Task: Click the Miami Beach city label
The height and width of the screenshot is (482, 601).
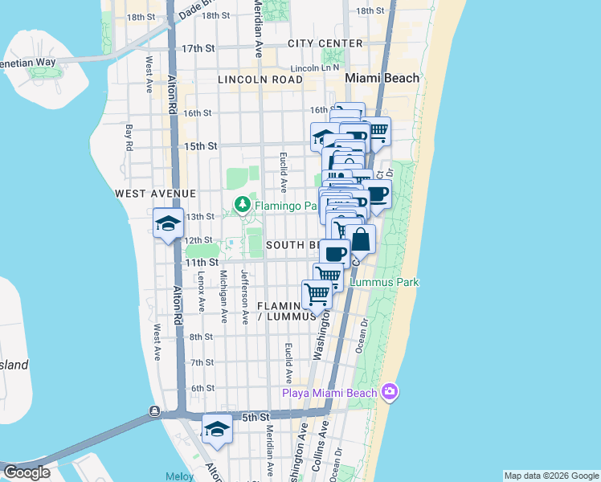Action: tap(382, 78)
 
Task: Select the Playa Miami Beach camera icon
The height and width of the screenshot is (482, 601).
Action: tap(390, 392)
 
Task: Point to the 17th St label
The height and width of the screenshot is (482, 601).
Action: tap(198, 48)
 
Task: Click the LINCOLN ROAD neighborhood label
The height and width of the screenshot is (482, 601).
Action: tap(260, 80)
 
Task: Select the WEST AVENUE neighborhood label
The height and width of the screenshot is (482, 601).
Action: tap(155, 194)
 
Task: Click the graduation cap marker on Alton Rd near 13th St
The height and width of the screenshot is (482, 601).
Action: tap(168, 223)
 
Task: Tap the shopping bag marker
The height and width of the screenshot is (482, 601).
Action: tap(361, 239)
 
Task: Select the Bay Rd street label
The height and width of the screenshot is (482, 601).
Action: tap(129, 137)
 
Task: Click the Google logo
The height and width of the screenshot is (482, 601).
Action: tap(26, 472)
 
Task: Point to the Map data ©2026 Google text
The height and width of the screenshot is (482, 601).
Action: tap(551, 476)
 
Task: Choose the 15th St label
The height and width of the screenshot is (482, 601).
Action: tap(201, 146)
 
